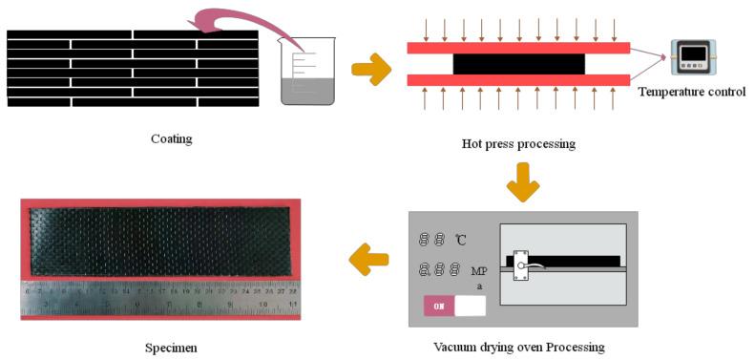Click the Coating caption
click(172, 138)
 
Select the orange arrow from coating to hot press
click(371, 69)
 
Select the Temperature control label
click(691, 92)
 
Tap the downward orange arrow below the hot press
click(522, 181)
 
